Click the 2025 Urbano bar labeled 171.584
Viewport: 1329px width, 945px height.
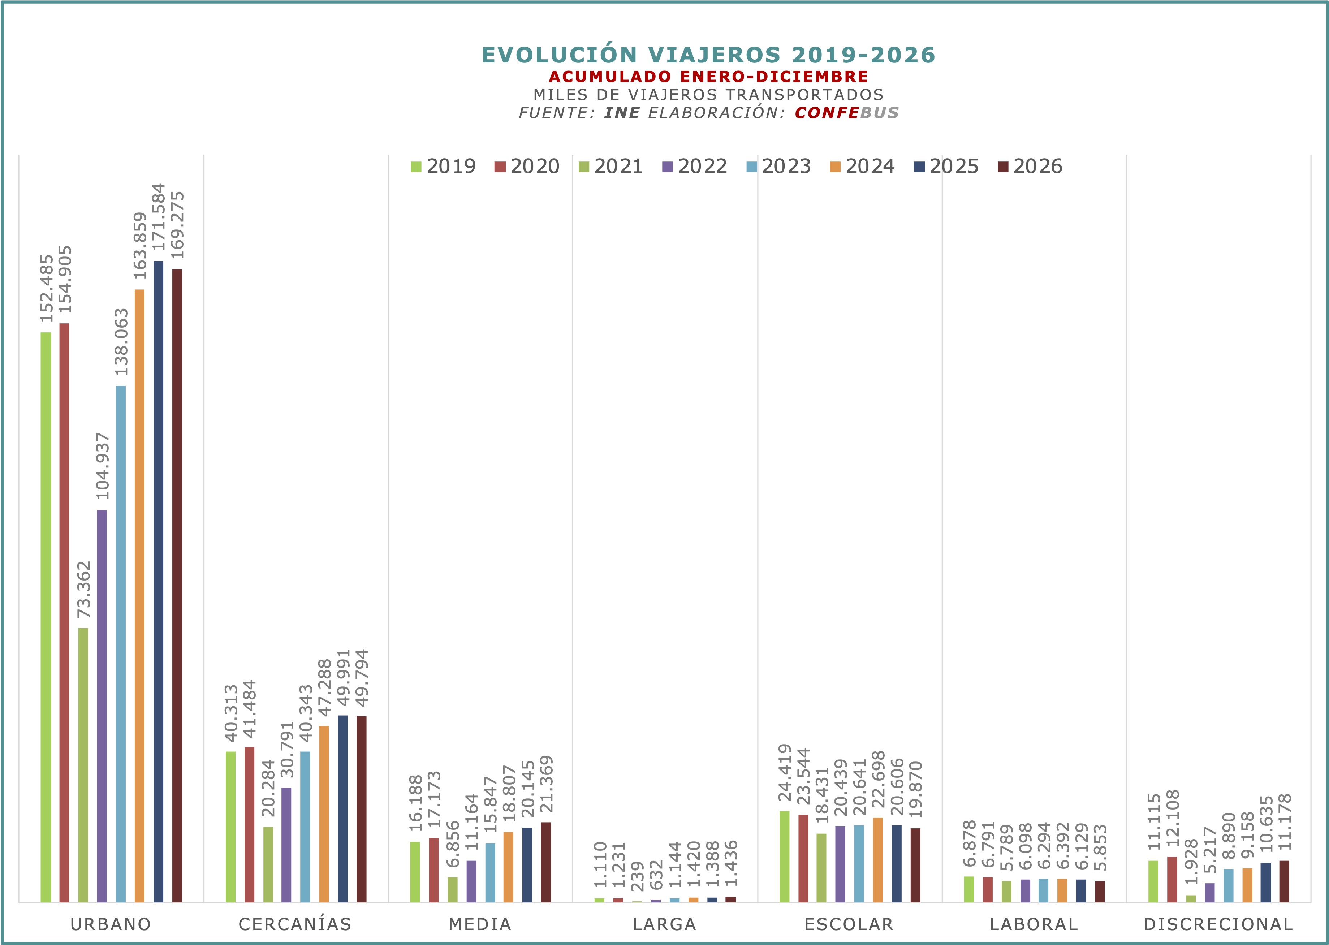point(158,582)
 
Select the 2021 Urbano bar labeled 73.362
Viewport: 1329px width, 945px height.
point(83,765)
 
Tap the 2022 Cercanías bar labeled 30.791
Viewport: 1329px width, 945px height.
point(286,845)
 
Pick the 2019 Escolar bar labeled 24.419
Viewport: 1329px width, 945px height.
point(784,856)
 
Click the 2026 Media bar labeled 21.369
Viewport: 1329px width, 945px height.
point(546,862)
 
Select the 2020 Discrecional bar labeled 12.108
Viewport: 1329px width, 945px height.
point(1172,880)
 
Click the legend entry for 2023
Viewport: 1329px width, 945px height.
point(778,167)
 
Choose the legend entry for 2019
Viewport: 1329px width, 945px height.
point(443,167)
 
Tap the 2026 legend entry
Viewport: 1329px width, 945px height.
point(1030,167)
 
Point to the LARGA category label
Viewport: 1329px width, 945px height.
point(665,924)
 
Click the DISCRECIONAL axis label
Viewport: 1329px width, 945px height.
point(1218,924)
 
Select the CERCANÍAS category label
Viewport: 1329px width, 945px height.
point(295,924)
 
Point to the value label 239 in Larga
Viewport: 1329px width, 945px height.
point(638,877)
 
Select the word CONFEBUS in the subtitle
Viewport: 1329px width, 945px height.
point(847,113)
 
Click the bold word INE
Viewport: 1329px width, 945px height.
point(622,113)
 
